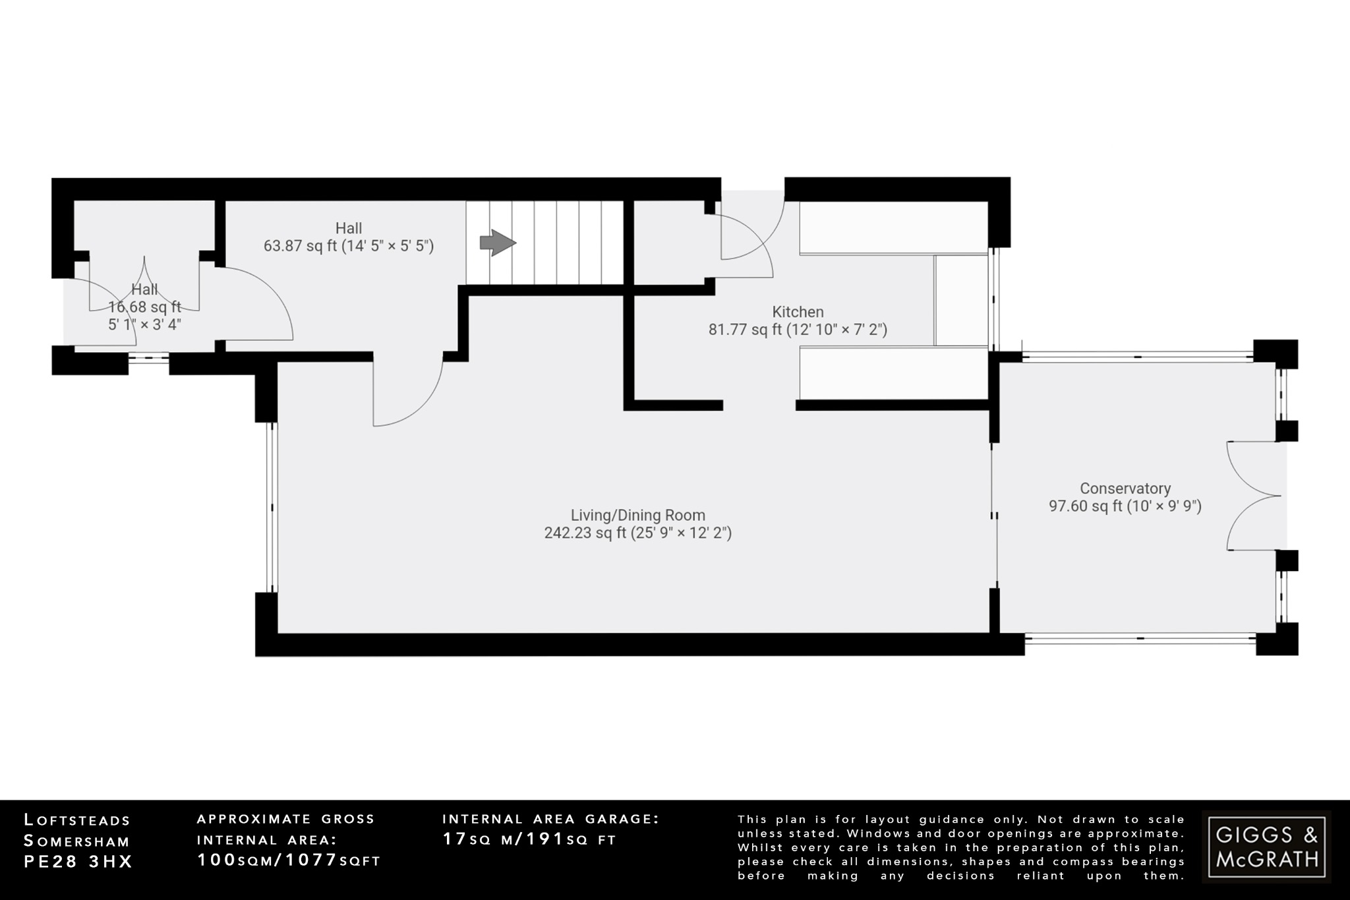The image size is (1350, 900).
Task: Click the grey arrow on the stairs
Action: (x=498, y=243)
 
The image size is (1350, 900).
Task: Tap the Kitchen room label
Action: (x=798, y=312)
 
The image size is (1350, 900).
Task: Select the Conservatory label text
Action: (x=1125, y=489)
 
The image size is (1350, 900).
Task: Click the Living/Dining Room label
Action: (x=637, y=515)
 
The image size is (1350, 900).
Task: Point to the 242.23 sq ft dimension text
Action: (x=637, y=533)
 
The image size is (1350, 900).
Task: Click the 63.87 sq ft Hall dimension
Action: (x=348, y=246)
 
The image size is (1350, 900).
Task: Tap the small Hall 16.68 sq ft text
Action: (x=144, y=307)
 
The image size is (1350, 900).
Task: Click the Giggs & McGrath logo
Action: (x=1266, y=847)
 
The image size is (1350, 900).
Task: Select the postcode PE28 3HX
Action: (x=78, y=862)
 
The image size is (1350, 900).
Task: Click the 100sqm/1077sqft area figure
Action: (x=289, y=860)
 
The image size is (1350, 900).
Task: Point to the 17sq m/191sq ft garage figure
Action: (x=529, y=839)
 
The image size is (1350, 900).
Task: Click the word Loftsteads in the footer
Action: (x=78, y=820)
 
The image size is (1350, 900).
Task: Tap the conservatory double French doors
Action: (x=1252, y=496)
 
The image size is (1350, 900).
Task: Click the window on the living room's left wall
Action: (x=272, y=506)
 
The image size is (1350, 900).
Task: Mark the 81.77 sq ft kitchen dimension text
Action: (x=798, y=330)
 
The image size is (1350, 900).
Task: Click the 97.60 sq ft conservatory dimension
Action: (x=1125, y=506)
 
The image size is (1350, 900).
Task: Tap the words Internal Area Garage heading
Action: (x=550, y=819)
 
